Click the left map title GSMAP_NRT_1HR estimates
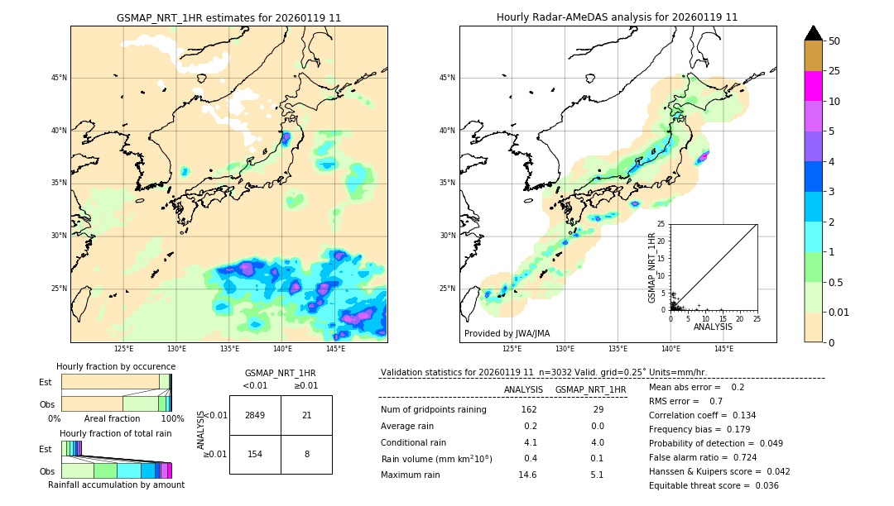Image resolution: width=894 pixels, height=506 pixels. click(228, 17)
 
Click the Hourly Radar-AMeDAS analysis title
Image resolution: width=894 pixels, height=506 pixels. click(617, 17)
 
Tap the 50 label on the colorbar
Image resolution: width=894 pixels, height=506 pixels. click(834, 41)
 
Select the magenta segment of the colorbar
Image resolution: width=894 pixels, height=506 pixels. click(813, 86)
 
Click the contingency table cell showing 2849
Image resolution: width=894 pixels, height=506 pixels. click(255, 415)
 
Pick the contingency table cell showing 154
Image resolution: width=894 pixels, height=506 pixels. click(255, 454)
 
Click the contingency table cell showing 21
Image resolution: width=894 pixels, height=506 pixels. click(306, 415)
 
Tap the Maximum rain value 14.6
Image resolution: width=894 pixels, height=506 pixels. click(527, 475)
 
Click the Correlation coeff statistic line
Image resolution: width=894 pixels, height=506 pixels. click(702, 415)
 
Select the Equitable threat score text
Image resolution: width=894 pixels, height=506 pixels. click(714, 485)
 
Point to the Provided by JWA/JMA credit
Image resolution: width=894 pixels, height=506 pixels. click(507, 333)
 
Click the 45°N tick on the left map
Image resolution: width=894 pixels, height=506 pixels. click(59, 78)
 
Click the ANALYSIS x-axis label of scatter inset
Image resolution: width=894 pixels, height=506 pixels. click(713, 327)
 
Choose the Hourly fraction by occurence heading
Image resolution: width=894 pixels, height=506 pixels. click(116, 366)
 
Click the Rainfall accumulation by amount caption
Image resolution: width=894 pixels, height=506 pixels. click(116, 485)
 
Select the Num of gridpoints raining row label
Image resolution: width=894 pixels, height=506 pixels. click(434, 409)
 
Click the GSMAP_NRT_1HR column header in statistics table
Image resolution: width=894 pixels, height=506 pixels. click(590, 389)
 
